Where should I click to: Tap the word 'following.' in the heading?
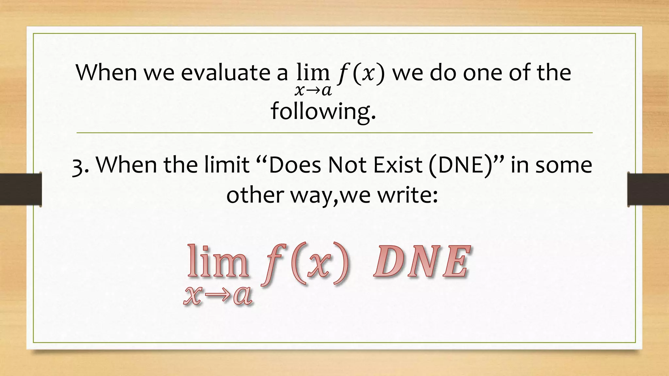323,111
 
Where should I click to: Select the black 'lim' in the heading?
313,72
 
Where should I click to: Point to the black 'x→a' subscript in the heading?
313,91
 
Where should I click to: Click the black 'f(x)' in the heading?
361,73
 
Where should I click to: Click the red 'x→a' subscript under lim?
218,296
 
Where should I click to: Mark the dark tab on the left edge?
21,189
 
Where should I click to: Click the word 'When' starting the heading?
106,72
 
